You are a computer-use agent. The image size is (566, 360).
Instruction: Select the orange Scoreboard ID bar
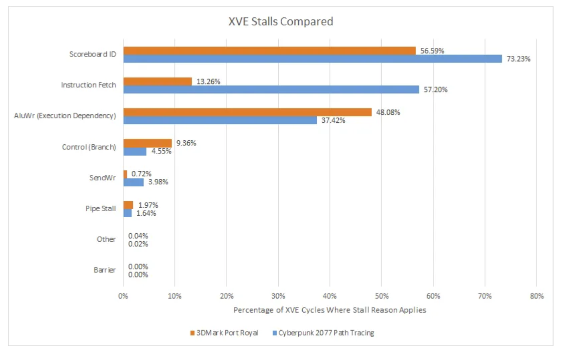269,50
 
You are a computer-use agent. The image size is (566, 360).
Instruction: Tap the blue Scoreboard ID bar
312,59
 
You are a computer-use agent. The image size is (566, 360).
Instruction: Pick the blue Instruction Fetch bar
271,89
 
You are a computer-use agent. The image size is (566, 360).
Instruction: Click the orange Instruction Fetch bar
157,81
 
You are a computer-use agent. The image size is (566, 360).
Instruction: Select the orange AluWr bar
247,112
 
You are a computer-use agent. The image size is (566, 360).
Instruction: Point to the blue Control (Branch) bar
135,151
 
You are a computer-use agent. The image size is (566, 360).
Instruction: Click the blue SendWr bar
133,182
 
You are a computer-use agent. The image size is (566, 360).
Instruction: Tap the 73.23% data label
518,59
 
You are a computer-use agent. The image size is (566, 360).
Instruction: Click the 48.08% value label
388,112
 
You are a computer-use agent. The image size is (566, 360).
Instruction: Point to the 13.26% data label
208,81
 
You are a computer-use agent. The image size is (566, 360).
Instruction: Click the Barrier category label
104,270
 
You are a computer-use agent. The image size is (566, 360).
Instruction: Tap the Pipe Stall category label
100,209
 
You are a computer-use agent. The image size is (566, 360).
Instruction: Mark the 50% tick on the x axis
381,296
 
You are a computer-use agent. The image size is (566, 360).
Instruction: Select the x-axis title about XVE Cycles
330,310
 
